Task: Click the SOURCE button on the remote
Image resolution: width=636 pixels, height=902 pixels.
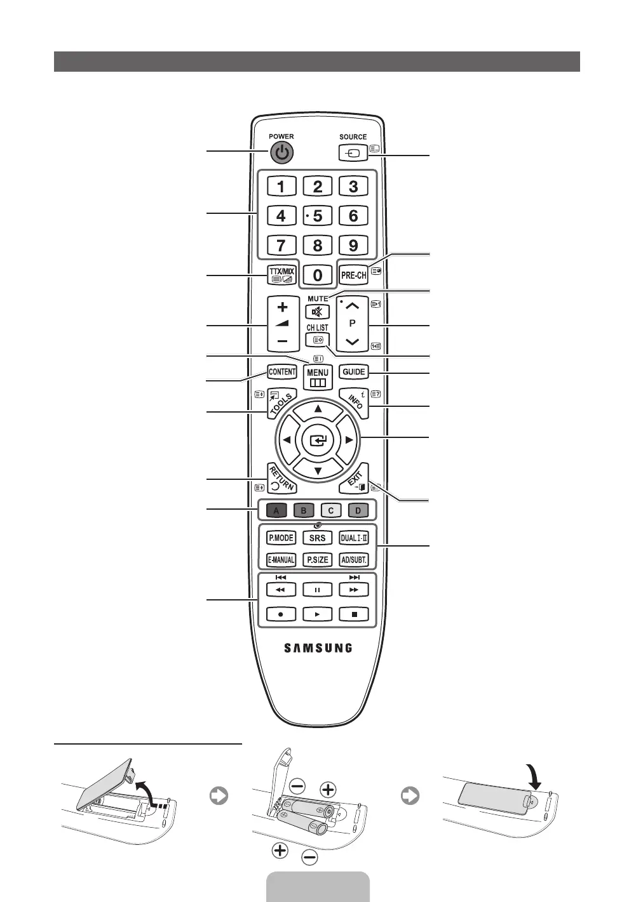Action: (x=353, y=152)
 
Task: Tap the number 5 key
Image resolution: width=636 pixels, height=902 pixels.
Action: (x=317, y=216)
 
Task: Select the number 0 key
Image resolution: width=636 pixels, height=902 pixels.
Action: (x=318, y=275)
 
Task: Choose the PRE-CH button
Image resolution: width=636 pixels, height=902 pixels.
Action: (x=353, y=275)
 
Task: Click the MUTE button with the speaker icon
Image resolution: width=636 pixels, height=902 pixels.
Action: (x=317, y=312)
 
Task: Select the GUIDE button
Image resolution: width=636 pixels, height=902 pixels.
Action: (x=353, y=371)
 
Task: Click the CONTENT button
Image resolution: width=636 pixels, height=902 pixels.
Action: (x=282, y=371)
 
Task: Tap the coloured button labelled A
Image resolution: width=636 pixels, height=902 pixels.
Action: (x=276, y=510)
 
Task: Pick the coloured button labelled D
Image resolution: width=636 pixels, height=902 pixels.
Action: (x=358, y=510)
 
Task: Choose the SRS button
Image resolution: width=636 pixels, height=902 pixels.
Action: (x=317, y=538)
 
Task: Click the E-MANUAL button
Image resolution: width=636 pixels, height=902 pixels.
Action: (x=280, y=560)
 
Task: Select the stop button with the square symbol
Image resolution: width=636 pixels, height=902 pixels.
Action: (x=354, y=614)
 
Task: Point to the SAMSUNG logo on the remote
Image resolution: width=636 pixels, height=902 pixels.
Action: (x=318, y=648)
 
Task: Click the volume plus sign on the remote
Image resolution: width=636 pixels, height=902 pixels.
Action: (x=282, y=308)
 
